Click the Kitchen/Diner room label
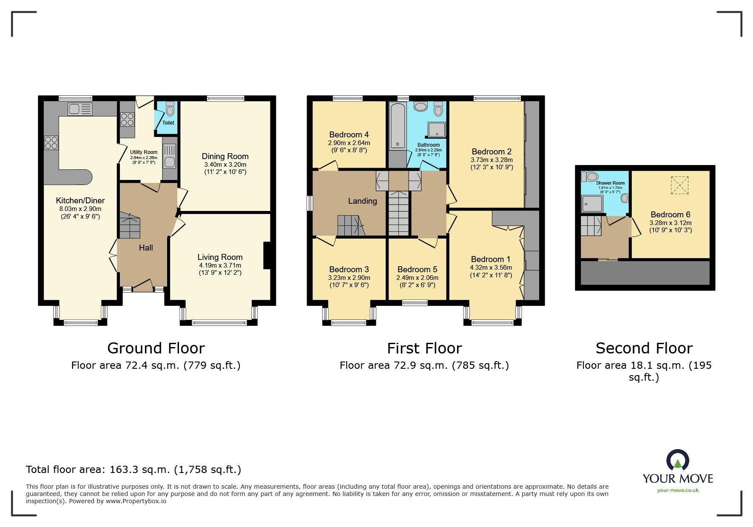pos(80,200)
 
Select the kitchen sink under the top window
pos(80,109)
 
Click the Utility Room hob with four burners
pos(127,119)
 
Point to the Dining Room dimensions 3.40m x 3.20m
pos(225,165)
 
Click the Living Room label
pos(220,257)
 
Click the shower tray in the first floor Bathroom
pos(437,130)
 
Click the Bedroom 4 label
pos(349,134)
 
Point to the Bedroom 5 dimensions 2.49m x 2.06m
pos(417,278)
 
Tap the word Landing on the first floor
pos(362,201)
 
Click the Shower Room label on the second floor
pos(610,183)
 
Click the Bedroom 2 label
pos(492,151)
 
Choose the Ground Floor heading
pos(156,348)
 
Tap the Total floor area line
pos(134,470)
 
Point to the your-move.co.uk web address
pos(678,490)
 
